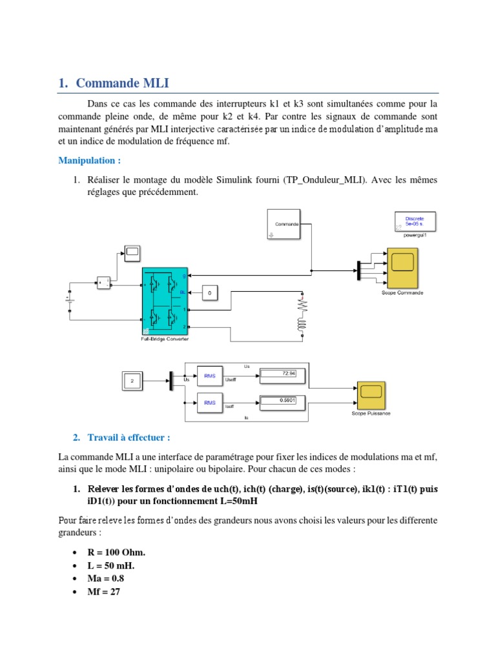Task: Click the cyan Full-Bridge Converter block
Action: (x=164, y=301)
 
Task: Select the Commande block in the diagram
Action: (x=285, y=224)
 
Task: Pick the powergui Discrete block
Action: (x=414, y=222)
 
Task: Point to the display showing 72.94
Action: (x=278, y=374)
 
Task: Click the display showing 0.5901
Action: (x=278, y=400)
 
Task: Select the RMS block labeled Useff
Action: (x=210, y=375)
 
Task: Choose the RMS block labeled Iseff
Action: (x=210, y=402)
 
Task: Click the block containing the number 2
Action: (x=132, y=381)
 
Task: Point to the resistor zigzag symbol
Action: (x=302, y=304)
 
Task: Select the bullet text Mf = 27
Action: (x=104, y=591)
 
